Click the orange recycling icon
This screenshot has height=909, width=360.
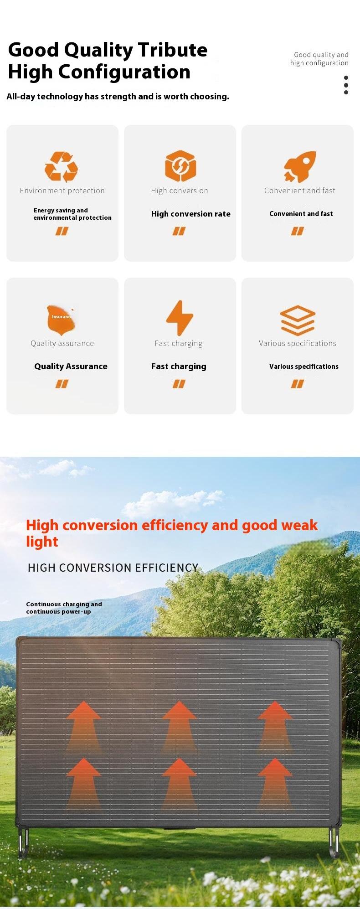pyautogui.click(x=62, y=167)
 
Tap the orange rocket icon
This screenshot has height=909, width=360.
pyautogui.click(x=300, y=166)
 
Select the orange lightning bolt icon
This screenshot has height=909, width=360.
pyautogui.click(x=180, y=318)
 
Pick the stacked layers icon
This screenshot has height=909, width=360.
pyautogui.click(x=298, y=320)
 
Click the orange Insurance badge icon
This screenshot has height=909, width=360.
pyautogui.click(x=61, y=319)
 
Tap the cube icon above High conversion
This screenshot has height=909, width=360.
pyautogui.click(x=180, y=166)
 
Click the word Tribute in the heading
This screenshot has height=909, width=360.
pyautogui.click(x=172, y=50)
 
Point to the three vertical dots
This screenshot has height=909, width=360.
pyautogui.click(x=346, y=85)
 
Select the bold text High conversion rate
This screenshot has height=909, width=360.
pyautogui.click(x=191, y=214)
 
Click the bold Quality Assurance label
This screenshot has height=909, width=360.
pyautogui.click(x=71, y=366)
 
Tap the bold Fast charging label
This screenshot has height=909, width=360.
pyautogui.click(x=179, y=367)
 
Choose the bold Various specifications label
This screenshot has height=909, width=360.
pyautogui.click(x=304, y=367)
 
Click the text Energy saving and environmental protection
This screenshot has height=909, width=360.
pyautogui.click(x=72, y=214)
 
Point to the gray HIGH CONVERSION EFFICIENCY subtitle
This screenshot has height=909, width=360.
pyautogui.click(x=113, y=568)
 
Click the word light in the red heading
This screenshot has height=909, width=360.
pyautogui.click(x=42, y=542)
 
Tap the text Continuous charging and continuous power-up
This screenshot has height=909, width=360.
pyautogui.click(x=64, y=608)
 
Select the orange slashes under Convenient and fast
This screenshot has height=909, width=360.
pyautogui.click(x=298, y=232)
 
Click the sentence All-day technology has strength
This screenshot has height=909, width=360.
pyautogui.click(x=118, y=97)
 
